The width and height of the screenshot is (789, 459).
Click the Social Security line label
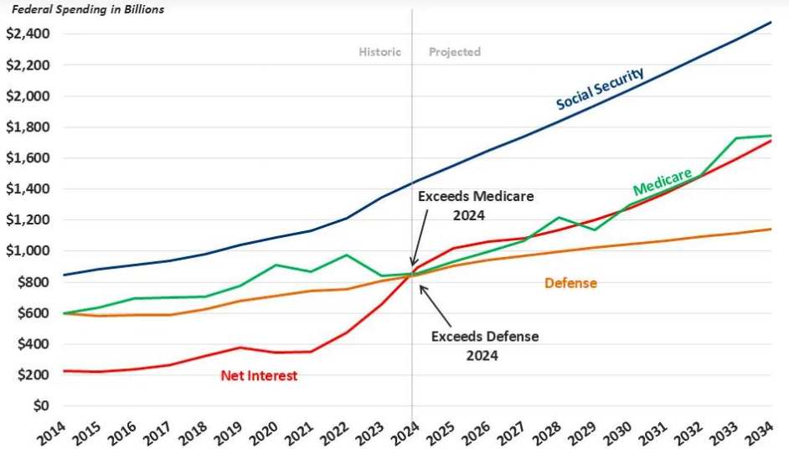pos(600,88)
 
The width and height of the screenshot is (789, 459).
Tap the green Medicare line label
pos(662,182)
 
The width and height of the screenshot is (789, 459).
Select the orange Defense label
pos(570,283)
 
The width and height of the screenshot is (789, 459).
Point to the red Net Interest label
pos(259,375)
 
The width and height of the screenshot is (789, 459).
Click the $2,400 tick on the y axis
pos(27,34)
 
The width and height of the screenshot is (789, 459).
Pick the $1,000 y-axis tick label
pos(27,250)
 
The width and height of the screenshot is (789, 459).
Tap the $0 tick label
pos(39,406)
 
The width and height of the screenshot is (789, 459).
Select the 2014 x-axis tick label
pos(53,433)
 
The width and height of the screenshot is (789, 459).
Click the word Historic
pos(380,52)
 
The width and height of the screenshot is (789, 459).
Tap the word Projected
pos(455,52)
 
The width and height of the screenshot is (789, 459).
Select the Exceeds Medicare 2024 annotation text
pos(476,204)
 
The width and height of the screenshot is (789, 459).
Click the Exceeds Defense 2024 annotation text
pos(484,345)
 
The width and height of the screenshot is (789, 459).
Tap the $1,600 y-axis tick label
pos(27,157)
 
